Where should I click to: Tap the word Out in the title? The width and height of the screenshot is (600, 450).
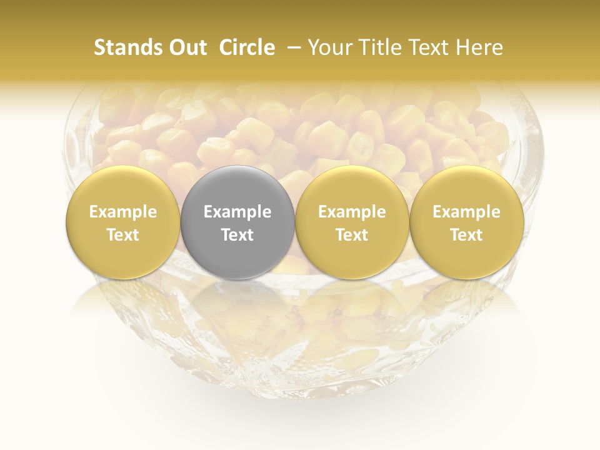click(186, 47)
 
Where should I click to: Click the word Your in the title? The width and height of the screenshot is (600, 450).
click(329, 47)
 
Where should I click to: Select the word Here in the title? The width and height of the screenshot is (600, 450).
click(479, 47)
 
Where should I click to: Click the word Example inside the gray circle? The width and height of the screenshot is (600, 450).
click(237, 212)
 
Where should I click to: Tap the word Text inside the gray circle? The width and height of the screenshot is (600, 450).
click(237, 235)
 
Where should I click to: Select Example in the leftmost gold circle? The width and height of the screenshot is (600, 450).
click(123, 212)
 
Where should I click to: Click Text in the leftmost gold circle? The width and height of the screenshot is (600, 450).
click(123, 235)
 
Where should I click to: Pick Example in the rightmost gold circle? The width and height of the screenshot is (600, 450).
click(467, 212)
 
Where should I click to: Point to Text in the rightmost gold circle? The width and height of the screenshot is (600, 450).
click(467, 235)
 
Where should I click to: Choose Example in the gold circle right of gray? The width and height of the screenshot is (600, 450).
click(352, 212)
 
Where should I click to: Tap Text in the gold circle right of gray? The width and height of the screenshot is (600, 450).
click(352, 235)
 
